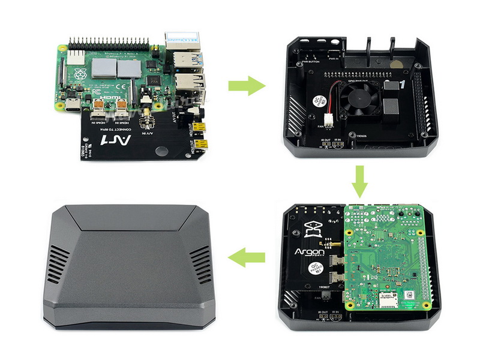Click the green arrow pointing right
[x=247, y=85]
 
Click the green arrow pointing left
[x=247, y=258]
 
